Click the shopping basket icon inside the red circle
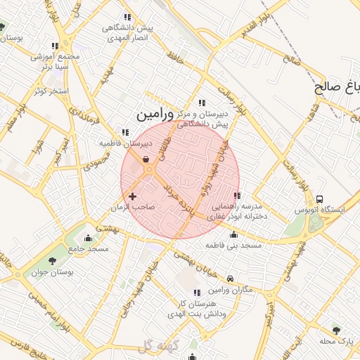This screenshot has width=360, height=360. tap(146, 160)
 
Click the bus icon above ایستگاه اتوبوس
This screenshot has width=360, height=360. tap(321, 199)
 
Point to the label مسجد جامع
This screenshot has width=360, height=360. tap(88, 249)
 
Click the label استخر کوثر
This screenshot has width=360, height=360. tap(49, 91)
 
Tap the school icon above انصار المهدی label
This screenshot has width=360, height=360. tap(127, 18)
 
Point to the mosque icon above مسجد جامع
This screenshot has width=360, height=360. tap(88, 238)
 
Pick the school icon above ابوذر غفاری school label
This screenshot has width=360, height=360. tap(237, 195)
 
